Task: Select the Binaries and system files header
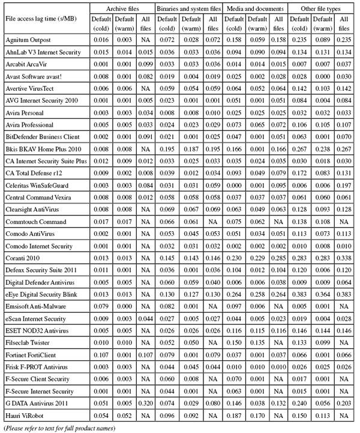pyautogui.click(x=188, y=10)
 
